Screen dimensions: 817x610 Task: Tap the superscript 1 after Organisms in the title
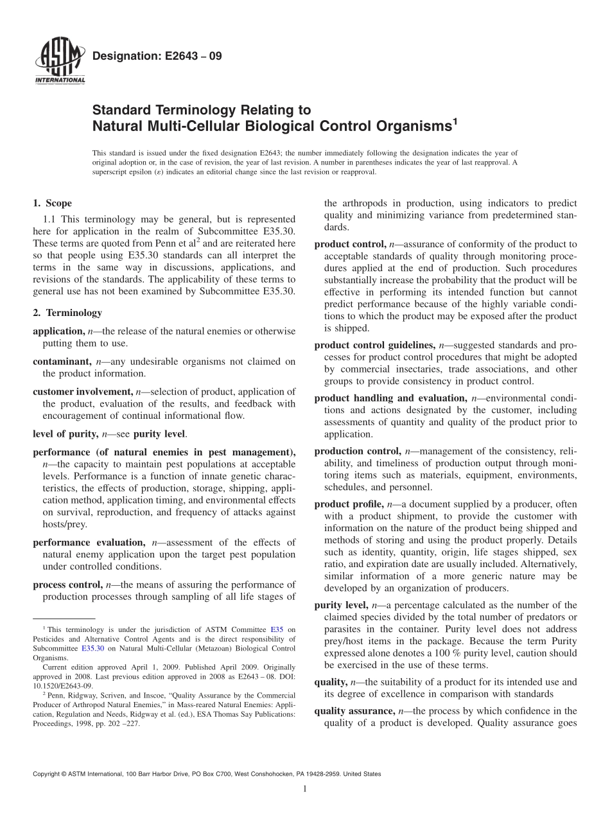455,119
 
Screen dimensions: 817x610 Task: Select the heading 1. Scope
52,204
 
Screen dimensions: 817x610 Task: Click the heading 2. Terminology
67,313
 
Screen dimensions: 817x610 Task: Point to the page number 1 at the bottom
305,789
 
